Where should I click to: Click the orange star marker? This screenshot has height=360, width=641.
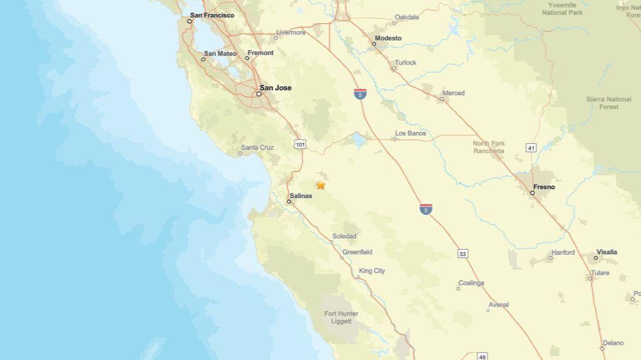(320, 185)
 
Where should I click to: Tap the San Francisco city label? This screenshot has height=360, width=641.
(212, 15)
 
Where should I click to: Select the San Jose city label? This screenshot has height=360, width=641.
(275, 88)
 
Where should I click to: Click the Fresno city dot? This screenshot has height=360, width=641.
(533, 193)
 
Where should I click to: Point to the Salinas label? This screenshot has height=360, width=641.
(300, 196)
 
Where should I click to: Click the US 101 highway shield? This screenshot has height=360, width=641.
(300, 144)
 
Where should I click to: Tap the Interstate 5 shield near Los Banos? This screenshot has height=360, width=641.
(360, 94)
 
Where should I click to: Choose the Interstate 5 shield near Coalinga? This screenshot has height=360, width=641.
(426, 209)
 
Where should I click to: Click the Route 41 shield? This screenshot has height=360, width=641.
(531, 148)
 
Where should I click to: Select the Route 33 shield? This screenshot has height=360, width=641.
(463, 254)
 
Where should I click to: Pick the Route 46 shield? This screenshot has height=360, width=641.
(481, 356)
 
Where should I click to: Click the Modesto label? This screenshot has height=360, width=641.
(387, 38)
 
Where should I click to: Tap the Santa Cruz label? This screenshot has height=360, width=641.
(257, 148)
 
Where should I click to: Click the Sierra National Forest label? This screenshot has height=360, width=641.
(608, 103)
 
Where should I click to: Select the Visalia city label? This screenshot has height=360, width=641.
(607, 252)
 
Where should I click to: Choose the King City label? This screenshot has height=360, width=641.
(372, 271)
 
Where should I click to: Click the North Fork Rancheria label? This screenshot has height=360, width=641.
(489, 147)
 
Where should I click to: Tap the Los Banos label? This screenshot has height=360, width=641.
(411, 133)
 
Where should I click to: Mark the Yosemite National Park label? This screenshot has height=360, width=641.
(562, 9)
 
